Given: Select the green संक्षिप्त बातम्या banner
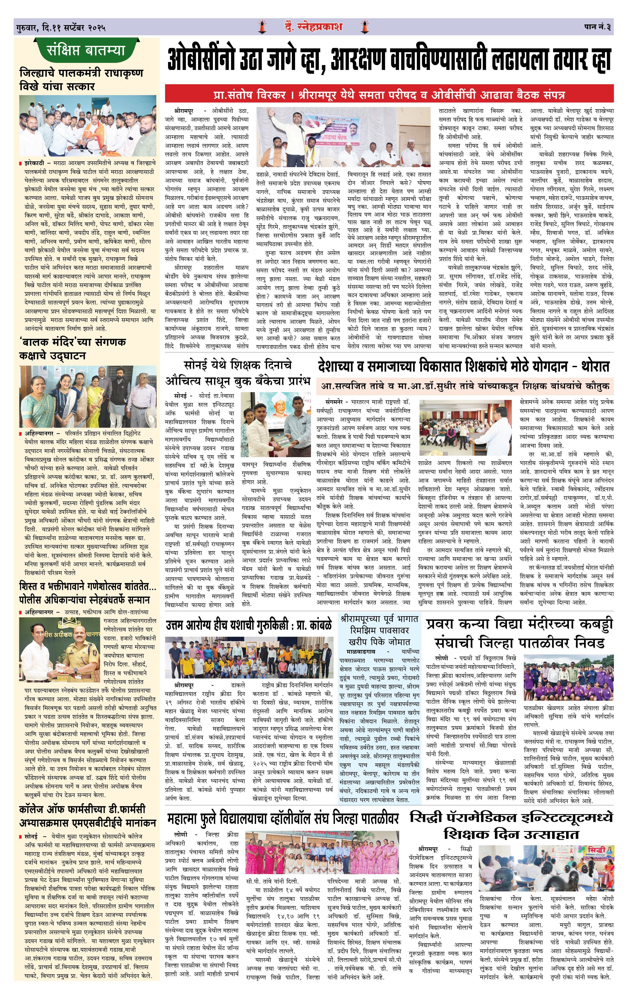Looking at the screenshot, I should point(86,51).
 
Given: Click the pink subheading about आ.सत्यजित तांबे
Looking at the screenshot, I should point(465,386).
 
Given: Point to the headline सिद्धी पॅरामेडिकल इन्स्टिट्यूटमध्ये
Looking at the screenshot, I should point(511,826).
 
